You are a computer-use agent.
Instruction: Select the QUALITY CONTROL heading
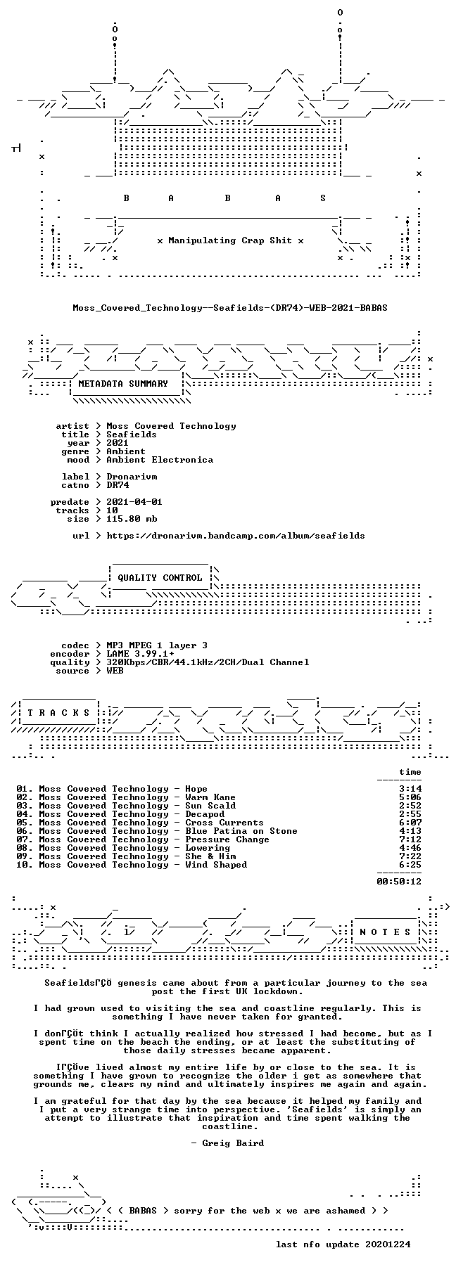pos(160,578)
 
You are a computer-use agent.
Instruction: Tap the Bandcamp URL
pos(236,536)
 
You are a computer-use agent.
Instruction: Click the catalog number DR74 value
pos(118,485)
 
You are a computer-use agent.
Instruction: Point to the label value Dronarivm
pos(132,477)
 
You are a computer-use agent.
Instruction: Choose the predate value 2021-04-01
pos(134,502)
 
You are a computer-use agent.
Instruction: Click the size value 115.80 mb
pos(132,519)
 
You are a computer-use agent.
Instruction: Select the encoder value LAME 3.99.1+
pos(140,654)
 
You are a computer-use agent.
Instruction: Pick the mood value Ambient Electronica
pos(160,460)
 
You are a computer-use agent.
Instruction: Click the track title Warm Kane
pos(210,797)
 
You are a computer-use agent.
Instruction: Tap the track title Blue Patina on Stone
pos(241,831)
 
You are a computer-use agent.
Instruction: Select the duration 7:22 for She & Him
pos(410,856)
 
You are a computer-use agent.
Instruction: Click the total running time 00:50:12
pos(399,881)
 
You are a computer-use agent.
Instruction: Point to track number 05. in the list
pos(25,823)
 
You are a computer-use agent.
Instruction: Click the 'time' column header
pos(410,772)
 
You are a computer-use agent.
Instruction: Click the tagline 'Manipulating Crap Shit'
pos(230,240)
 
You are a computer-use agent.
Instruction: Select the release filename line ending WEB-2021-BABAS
pos(230,308)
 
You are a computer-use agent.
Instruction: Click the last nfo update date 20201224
pos(388,1244)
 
